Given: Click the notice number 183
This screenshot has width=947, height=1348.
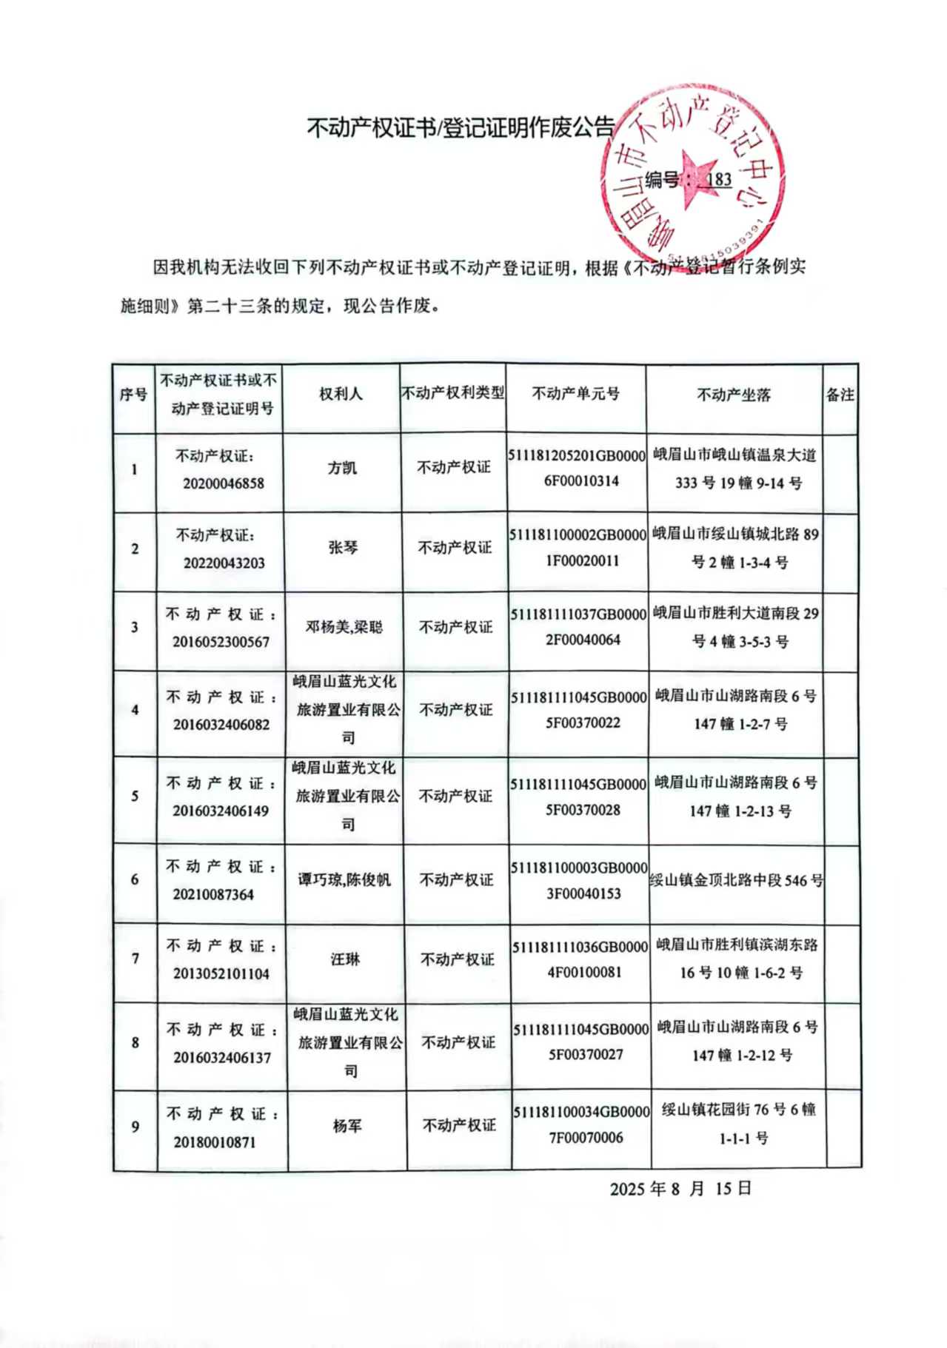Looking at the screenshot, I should coord(719,180).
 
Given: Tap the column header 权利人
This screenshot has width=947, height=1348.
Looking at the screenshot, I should coord(341,394).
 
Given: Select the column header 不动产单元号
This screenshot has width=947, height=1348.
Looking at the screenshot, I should coord(576,394).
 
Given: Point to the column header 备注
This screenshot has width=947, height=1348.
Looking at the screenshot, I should coord(840,395).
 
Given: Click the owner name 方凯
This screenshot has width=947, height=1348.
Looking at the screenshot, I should coord(342,468).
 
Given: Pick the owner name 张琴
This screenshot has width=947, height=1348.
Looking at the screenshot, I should coord(344,548).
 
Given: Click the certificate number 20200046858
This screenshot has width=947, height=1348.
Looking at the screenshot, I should coord(224,483).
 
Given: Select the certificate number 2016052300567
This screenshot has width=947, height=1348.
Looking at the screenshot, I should coord(221,642).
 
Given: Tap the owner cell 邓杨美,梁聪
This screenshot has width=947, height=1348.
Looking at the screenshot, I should coord(344,627).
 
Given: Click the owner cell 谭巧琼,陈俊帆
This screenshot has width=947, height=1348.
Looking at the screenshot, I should coord(344,879).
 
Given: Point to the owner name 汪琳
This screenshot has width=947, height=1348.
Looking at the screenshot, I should coord(345,959).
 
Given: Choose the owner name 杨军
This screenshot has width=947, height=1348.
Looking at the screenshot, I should coord(347,1126).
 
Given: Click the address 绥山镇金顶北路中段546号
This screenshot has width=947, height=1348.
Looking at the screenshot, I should coord(737,880).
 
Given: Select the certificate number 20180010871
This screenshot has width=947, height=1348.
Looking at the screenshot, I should coord(215,1142).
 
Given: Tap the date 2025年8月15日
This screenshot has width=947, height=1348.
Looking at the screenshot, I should coord(680,1189).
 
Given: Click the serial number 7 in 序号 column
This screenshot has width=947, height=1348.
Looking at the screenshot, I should coord(135,959).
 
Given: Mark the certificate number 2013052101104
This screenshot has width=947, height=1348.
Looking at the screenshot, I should coord(221,974).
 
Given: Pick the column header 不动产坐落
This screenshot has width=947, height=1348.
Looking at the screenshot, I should coord(734,395).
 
